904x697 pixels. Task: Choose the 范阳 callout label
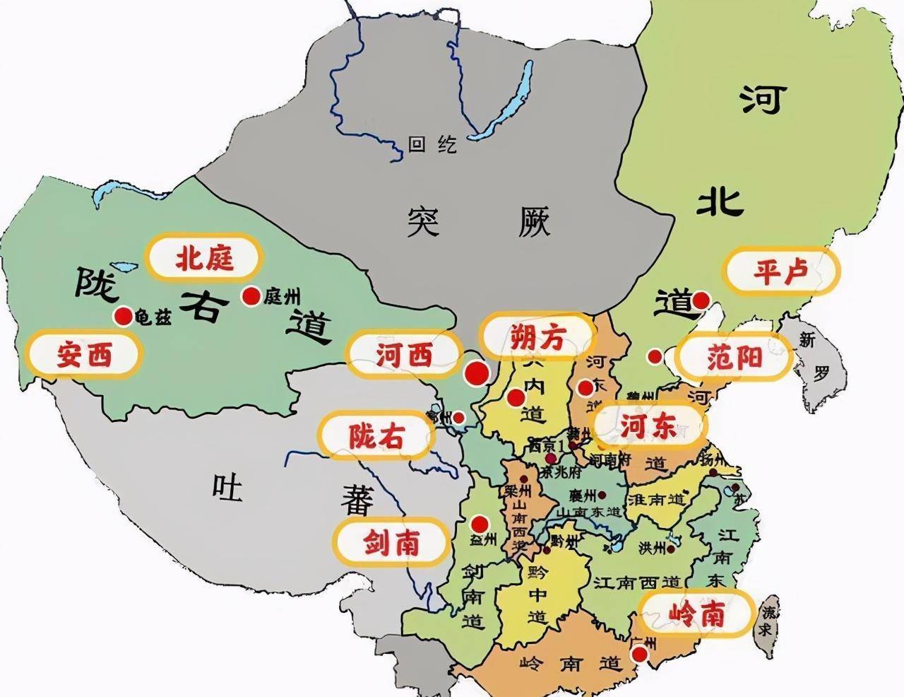pyautogui.click(x=734, y=358)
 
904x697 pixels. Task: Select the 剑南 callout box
pyautogui.click(x=391, y=542)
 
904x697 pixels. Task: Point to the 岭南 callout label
pyautogui.click(x=696, y=614)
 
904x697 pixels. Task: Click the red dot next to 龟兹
pyautogui.click(x=124, y=317)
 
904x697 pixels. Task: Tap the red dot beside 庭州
pyautogui.click(x=250, y=296)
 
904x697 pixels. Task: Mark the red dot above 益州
pyautogui.click(x=480, y=524)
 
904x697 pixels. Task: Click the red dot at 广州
pyautogui.click(x=640, y=655)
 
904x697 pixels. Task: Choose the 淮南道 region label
pyautogui.click(x=656, y=498)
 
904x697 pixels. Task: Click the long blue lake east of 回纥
pyautogui.click(x=506, y=99)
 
